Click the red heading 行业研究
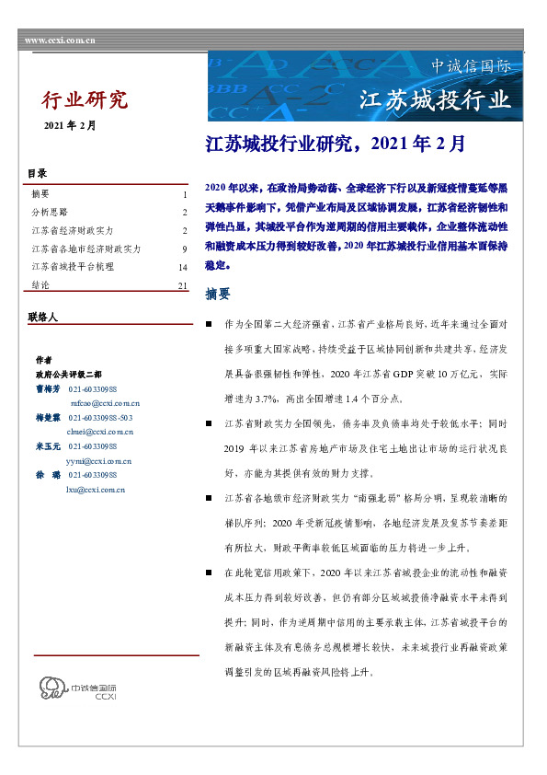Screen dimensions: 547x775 click(x=85, y=100)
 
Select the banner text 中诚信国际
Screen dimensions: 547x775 click(x=471, y=66)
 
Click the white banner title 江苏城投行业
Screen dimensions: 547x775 click(x=433, y=99)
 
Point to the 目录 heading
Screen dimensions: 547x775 click(x=37, y=173)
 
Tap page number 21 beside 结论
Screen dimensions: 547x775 click(x=182, y=286)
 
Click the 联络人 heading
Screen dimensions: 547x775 click(x=42, y=317)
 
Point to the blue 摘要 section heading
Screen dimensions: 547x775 click(x=218, y=295)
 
